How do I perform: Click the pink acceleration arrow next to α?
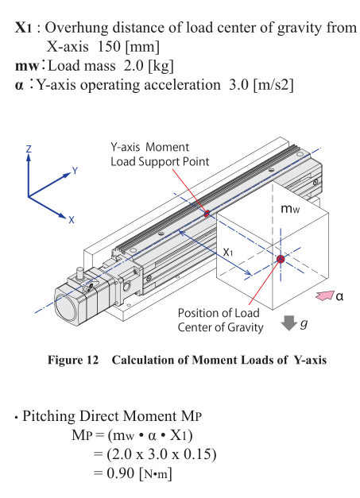click(x=325, y=295)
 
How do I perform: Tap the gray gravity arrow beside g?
click(x=288, y=323)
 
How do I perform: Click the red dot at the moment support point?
click(x=207, y=214)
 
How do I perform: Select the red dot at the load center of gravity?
click(x=281, y=259)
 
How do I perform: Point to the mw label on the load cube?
click(x=290, y=209)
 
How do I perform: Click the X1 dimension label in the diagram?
click(x=228, y=252)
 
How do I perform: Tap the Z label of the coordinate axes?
click(x=29, y=149)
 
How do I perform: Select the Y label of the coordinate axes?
click(x=75, y=171)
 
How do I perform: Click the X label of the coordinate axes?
click(x=72, y=220)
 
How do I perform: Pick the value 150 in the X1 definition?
click(x=109, y=47)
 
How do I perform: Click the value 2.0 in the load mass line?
click(x=134, y=66)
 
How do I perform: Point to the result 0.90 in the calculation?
click(x=121, y=473)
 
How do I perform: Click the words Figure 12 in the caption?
click(x=73, y=360)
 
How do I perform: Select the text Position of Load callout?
click(x=219, y=313)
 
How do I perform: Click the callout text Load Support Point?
click(x=160, y=162)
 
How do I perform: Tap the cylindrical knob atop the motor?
click(x=79, y=273)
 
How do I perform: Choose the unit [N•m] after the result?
click(x=156, y=474)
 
